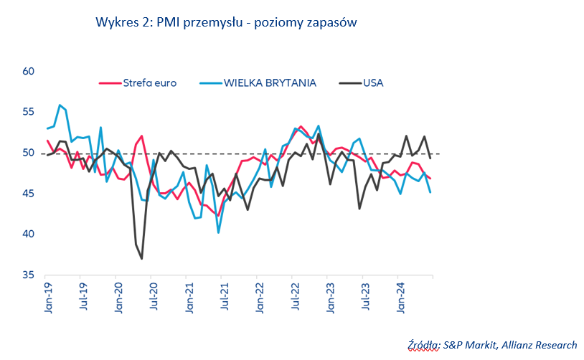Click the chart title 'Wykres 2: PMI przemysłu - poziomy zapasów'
point(226,22)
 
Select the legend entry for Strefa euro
point(150,82)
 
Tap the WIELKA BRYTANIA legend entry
point(270,82)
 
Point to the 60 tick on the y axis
point(29,72)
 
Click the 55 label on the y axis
point(29,113)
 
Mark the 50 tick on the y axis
point(29,153)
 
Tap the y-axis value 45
point(29,194)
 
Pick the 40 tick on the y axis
point(29,235)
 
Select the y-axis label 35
point(29,275)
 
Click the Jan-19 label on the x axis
point(46,295)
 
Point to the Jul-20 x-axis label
point(154,295)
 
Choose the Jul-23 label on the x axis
point(367,295)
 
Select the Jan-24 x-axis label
point(402,295)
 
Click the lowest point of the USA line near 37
point(141,258)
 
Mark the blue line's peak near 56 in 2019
point(60,105)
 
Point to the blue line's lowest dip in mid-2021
point(218,232)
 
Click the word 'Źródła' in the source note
point(423,345)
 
